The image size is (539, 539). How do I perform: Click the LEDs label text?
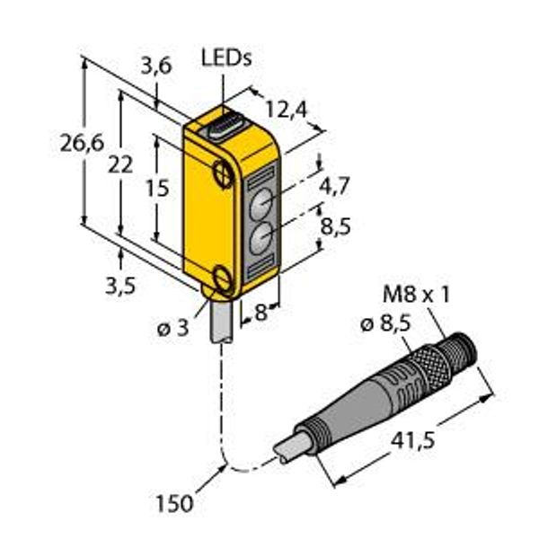pyautogui.click(x=226, y=58)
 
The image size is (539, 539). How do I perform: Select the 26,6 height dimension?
pyautogui.click(x=82, y=143)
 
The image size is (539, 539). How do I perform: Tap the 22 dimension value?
pyautogui.click(x=120, y=165)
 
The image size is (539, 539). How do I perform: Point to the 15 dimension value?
pyautogui.click(x=157, y=189)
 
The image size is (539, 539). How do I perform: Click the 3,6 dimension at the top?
pyautogui.click(x=156, y=66)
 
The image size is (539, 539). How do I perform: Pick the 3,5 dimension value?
pyautogui.click(x=120, y=286)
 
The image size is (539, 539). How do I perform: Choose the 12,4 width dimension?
pyautogui.click(x=286, y=110)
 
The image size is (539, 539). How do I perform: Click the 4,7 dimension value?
pyautogui.click(x=334, y=186)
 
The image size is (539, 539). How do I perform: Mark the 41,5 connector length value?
pyautogui.click(x=413, y=441)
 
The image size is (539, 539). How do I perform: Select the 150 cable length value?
pyautogui.click(x=174, y=504)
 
